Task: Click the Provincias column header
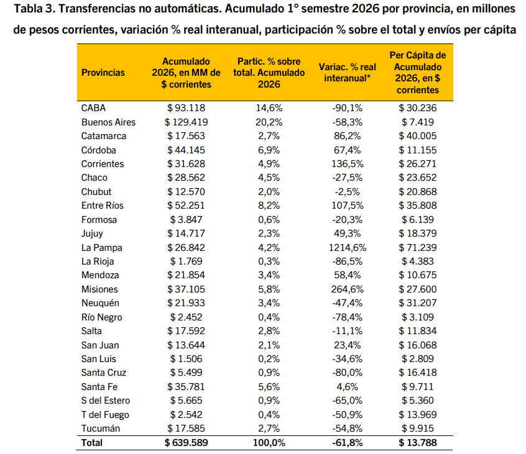coord(103,73)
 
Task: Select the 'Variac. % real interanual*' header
coord(347,73)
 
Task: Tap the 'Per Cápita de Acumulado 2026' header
coord(418,73)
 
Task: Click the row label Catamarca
coord(104,135)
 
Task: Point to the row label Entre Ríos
coord(103,206)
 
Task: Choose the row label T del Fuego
coord(105,414)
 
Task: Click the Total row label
coord(91,443)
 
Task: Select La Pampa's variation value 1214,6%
coord(347,248)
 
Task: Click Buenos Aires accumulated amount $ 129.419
coord(186,122)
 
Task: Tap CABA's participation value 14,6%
coord(269,108)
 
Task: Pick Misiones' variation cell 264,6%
coord(347,289)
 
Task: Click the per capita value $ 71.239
coord(418,248)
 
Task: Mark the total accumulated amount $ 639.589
coord(186,443)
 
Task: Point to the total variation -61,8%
coord(347,443)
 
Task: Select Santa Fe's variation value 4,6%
coord(347,387)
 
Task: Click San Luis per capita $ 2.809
coord(418,359)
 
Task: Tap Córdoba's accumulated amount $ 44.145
coord(186,150)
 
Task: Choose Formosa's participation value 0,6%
coord(269,219)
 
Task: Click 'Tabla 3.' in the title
coord(35,9)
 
